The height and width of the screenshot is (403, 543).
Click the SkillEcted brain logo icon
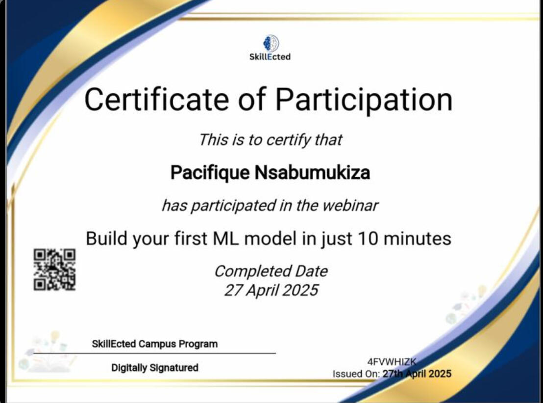[271, 43]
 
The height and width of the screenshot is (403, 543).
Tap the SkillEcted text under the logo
[270, 57]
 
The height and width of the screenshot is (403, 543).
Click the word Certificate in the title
[156, 100]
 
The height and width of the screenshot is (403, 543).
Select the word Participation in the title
[364, 100]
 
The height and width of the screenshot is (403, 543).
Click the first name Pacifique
[210, 173]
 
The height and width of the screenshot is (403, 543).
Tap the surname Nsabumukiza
[312, 172]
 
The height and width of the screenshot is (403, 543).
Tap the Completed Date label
[271, 271]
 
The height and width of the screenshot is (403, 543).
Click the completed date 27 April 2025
[271, 290]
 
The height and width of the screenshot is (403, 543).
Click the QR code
[55, 269]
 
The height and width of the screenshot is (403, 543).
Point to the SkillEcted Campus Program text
[155, 344]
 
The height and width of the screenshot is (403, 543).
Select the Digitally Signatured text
[155, 368]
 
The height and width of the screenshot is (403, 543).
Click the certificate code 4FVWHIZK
[392, 362]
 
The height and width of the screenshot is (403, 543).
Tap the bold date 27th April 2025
[417, 374]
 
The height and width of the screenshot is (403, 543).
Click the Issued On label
[356, 374]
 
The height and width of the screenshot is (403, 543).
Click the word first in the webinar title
[191, 239]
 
